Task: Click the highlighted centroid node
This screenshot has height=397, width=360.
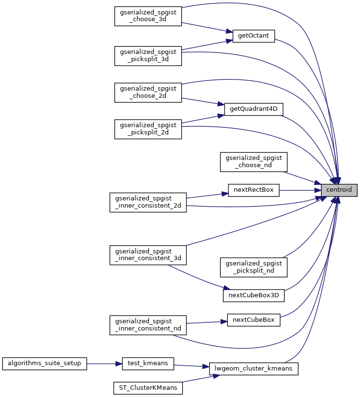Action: (x=339, y=190)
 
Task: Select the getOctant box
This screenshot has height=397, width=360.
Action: (x=253, y=36)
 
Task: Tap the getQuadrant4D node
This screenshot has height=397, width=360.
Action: (x=253, y=109)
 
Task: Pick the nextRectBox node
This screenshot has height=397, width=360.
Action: (x=253, y=190)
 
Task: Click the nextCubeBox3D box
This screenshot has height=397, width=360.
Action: (x=253, y=295)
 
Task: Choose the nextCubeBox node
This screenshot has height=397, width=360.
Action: (x=253, y=320)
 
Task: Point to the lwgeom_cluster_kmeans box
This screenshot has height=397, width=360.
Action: (x=254, y=369)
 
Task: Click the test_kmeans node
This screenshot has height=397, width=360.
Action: (x=147, y=363)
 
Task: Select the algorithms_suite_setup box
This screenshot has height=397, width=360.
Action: (x=45, y=363)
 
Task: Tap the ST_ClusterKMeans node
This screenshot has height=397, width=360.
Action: (x=147, y=388)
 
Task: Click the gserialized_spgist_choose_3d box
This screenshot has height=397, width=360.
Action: (x=147, y=16)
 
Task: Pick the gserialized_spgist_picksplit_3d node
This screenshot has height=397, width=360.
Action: (x=147, y=56)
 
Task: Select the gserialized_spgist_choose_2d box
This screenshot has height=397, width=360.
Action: (x=147, y=92)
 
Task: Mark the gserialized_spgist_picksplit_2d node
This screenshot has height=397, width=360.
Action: (x=147, y=129)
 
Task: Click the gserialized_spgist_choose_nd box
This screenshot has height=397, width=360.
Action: (x=253, y=162)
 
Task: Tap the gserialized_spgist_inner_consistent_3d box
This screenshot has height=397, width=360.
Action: (x=147, y=255)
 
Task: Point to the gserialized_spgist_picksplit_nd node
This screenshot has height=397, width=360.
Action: (x=253, y=267)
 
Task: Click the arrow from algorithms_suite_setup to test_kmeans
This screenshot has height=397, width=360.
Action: (x=104, y=363)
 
